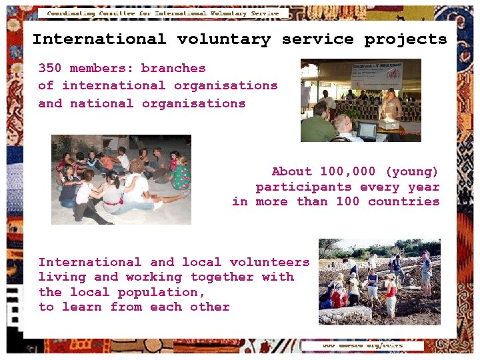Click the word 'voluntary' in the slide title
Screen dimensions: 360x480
tap(223, 39)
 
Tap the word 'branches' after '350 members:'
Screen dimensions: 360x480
tap(173, 68)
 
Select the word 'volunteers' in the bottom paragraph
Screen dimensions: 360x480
tap(270, 262)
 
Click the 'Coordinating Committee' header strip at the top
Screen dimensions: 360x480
tap(163, 13)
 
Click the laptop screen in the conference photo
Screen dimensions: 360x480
tap(367, 130)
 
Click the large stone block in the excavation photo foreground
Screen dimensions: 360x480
tap(345, 314)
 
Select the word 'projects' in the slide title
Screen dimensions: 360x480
tap(405, 39)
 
